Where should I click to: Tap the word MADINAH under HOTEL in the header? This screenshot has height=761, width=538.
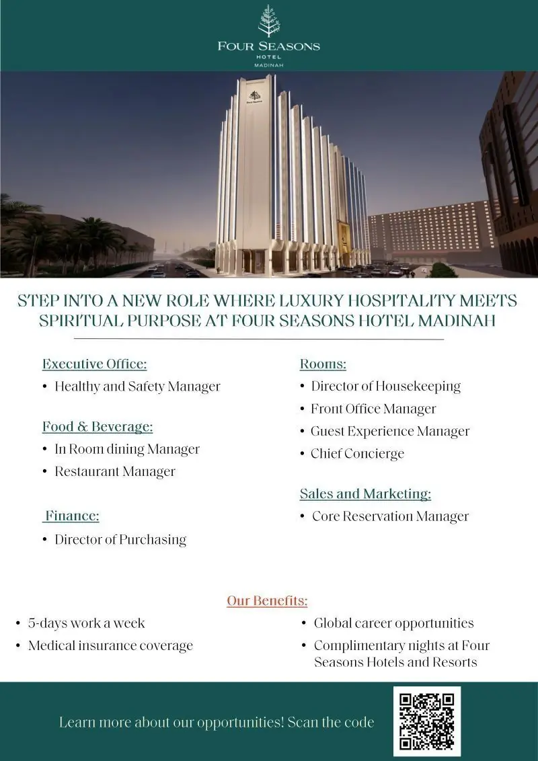(269, 65)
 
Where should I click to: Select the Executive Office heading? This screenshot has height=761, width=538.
(94, 364)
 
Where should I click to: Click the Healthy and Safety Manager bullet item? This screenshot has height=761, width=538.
(137, 387)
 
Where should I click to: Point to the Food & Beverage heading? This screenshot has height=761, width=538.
(98, 427)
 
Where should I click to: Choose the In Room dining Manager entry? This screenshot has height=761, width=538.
(127, 449)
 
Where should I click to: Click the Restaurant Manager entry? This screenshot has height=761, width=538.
(115, 472)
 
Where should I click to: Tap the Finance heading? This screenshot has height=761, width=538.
(72, 516)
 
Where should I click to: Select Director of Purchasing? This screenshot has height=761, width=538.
(120, 539)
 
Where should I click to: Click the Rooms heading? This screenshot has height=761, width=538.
(323, 364)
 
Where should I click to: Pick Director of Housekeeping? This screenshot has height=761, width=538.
(385, 387)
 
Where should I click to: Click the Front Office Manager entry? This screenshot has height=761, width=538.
(373, 409)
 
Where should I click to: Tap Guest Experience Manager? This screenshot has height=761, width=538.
(390, 432)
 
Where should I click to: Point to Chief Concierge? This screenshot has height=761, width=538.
(357, 454)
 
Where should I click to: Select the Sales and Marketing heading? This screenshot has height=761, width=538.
(365, 494)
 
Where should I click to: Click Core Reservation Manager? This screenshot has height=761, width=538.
(390, 516)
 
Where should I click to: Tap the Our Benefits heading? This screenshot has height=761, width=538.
(267, 601)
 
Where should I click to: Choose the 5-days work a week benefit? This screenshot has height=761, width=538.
(86, 623)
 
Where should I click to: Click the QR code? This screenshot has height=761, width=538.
(427, 721)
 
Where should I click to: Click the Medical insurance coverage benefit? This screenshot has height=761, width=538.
(110, 646)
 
